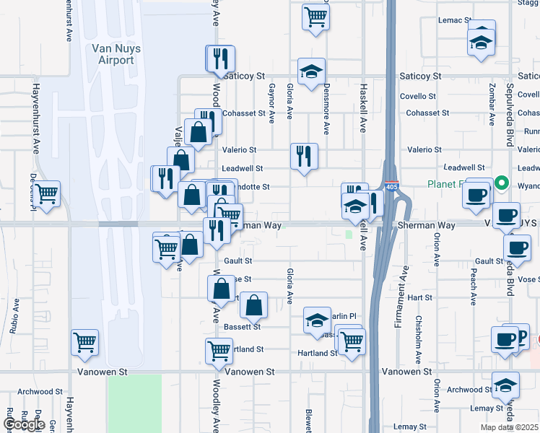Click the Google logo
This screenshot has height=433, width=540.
pyautogui.click(x=24, y=424)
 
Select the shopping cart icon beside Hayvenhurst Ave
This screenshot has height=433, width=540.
pyautogui.click(x=47, y=194)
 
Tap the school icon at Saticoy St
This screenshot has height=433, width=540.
pyautogui.click(x=311, y=71)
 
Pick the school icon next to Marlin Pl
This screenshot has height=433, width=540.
pyautogui.click(x=317, y=321)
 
